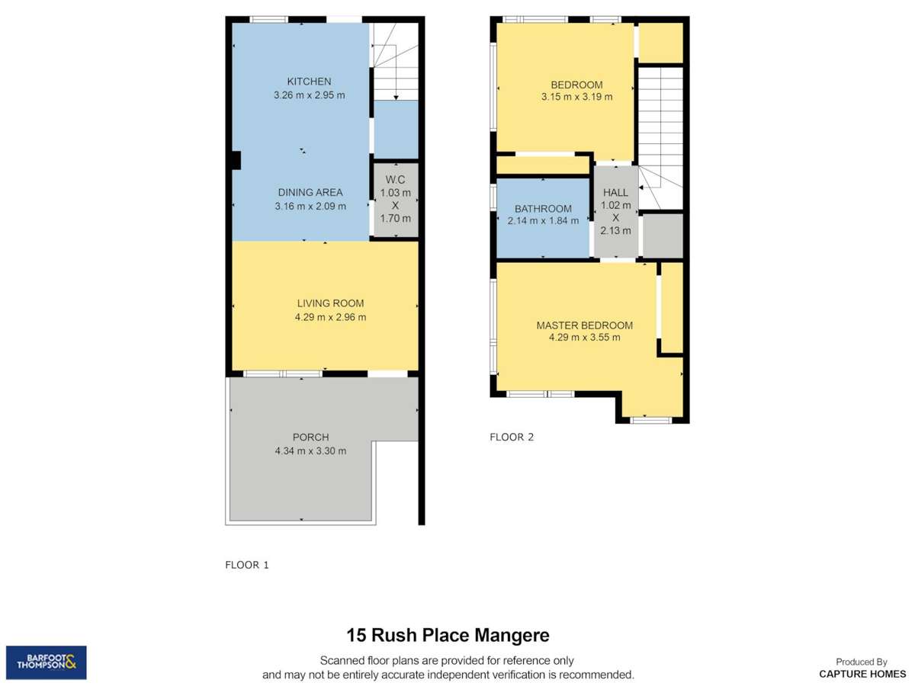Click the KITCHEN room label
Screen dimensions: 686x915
[309, 82]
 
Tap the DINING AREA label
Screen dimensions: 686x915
[310, 192]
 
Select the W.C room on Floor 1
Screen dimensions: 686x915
[396, 200]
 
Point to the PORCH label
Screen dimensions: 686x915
[310, 438]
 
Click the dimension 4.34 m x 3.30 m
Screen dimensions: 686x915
[310, 450]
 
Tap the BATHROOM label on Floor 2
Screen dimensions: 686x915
[543, 208]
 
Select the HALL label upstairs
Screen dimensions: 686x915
[615, 192]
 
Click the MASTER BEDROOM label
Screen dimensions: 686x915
[584, 325]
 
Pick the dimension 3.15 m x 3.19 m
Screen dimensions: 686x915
[576, 97]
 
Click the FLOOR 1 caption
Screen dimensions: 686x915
[247, 565]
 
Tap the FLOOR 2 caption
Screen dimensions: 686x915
[512, 437]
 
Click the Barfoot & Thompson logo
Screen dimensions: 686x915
[47, 662]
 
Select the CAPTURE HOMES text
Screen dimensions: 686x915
[862, 674]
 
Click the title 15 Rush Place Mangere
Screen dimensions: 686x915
[448, 635]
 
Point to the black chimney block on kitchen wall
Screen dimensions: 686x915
[236, 161]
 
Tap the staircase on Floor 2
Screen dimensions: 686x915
[660, 137]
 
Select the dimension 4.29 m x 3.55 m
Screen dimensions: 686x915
[584, 338]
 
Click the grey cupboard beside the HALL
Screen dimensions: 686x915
[662, 236]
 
